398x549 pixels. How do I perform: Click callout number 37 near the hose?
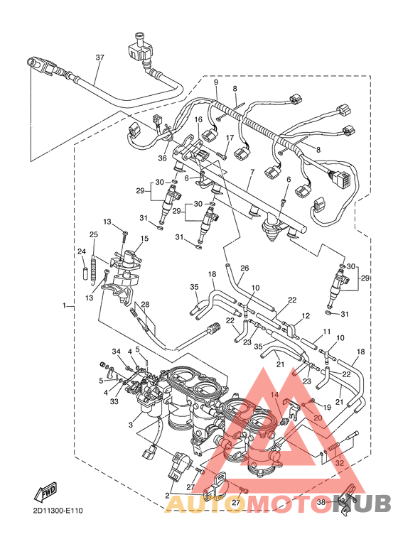pyautogui.click(x=99, y=58)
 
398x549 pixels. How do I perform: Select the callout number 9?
pyautogui.click(x=216, y=82)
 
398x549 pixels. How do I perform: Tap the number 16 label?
pyautogui.click(x=198, y=119)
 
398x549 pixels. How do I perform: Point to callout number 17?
pyautogui.click(x=230, y=138)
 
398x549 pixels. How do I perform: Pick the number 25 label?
pyautogui.click(x=93, y=234)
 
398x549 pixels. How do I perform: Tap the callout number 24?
pyautogui.click(x=81, y=251)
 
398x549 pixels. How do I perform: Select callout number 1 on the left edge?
pyautogui.click(x=64, y=306)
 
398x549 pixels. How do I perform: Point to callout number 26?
pyautogui.click(x=244, y=268)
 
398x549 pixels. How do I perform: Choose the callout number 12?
pyautogui.click(x=306, y=315)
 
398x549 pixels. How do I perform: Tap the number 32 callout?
pyautogui.click(x=340, y=462)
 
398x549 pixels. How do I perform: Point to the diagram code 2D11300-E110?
pyautogui.click(x=57, y=510)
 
